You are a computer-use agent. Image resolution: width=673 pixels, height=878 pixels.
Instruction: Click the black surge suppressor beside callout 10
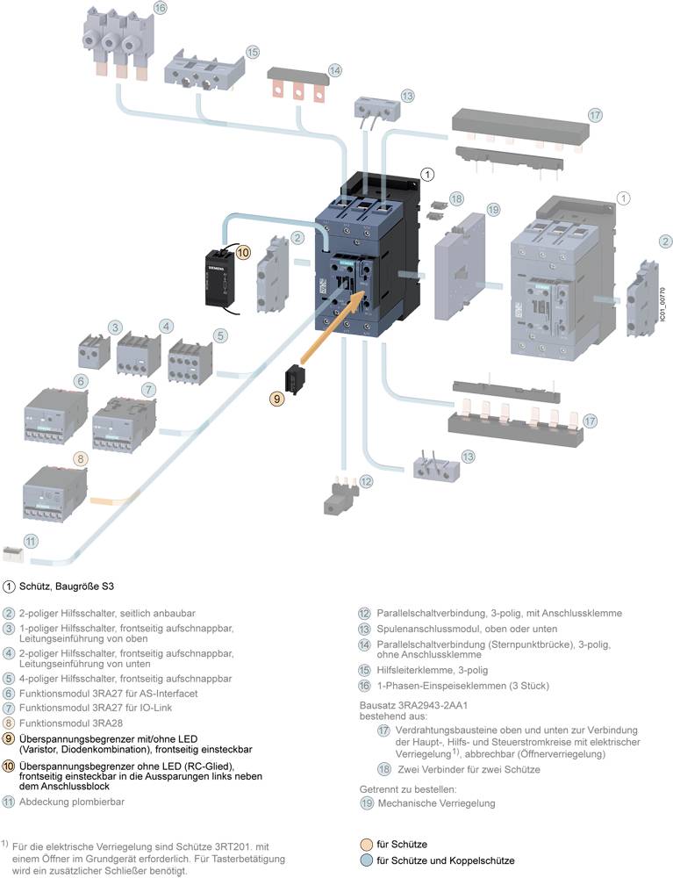coord(221,279)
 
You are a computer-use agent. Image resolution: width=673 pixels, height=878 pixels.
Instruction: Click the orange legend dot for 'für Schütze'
coord(366,845)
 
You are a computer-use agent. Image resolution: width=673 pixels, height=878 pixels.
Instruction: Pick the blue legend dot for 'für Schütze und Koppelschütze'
coord(366,860)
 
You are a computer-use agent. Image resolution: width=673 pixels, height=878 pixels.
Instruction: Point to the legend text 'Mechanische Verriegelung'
coord(436,802)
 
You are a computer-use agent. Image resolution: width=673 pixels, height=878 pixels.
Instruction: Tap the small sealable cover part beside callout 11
coord(14,552)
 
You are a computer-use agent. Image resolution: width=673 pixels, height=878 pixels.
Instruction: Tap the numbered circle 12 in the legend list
coord(364,613)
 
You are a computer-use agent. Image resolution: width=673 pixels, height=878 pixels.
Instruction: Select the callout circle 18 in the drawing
coord(456,200)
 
